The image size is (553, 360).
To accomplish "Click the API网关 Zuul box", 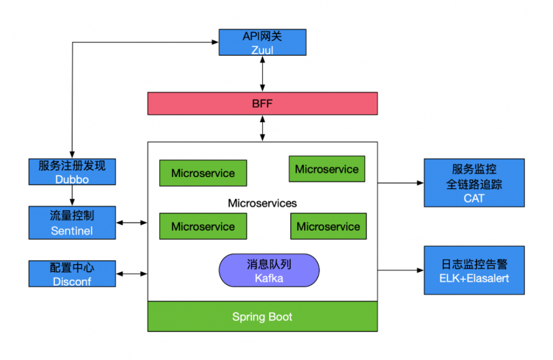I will [x=263, y=43].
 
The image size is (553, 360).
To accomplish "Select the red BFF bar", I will [x=262, y=103].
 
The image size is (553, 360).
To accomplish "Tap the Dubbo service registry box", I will [x=72, y=171].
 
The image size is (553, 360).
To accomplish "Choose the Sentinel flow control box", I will [x=72, y=223].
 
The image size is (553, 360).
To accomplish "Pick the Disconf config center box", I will [x=72, y=274].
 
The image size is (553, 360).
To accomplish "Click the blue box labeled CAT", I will [x=474, y=183].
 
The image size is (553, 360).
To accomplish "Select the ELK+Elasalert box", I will [x=474, y=270].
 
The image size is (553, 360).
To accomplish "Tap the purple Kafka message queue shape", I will [x=269, y=270].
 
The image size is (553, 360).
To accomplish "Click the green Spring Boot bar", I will [x=262, y=317].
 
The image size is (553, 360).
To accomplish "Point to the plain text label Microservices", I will [x=262, y=203].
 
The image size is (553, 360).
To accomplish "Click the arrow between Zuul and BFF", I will [x=263, y=74].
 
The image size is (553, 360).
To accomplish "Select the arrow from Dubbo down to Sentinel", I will [x=72, y=195].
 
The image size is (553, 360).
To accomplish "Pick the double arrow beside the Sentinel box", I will [x=132, y=223].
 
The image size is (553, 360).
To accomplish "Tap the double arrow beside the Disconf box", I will [x=132, y=274].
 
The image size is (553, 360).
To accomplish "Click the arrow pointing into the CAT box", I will [x=400, y=182].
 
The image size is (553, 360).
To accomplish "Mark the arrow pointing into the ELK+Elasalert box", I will [x=400, y=270].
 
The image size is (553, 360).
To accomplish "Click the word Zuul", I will [x=262, y=50].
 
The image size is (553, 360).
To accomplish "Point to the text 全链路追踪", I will [x=474, y=184].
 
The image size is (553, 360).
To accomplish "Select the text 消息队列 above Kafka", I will [x=269, y=264].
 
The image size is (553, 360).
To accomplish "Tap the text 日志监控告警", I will [x=474, y=264].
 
